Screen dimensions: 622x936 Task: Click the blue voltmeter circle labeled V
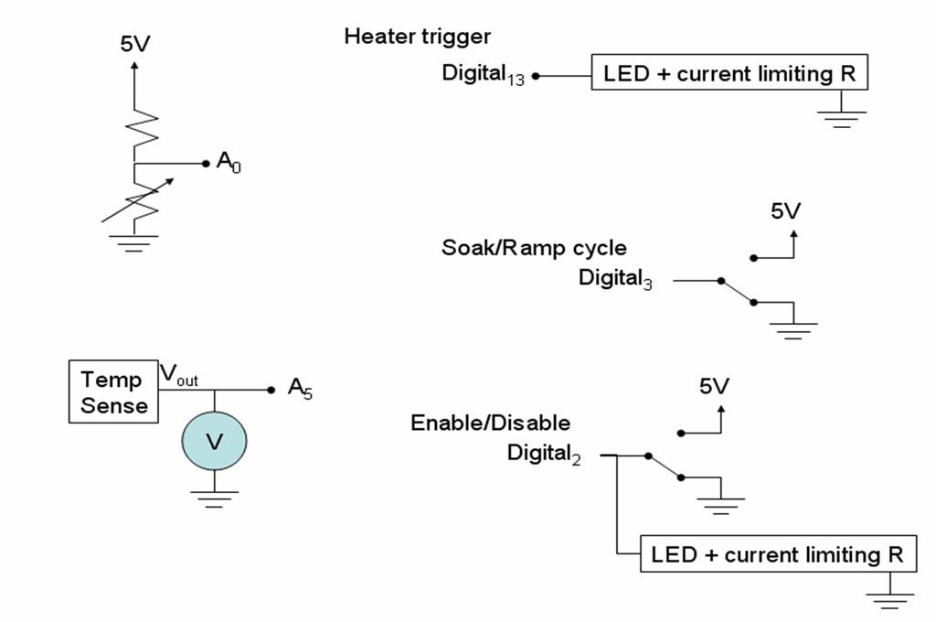click(x=214, y=441)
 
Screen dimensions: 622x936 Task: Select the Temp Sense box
click(x=112, y=391)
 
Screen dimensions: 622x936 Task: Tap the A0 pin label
click(x=229, y=164)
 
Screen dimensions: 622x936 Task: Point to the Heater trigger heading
click(x=417, y=37)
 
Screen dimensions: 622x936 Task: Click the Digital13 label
click(x=483, y=74)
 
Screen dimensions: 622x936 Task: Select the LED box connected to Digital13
click(x=729, y=74)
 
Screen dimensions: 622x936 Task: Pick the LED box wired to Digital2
click(x=777, y=554)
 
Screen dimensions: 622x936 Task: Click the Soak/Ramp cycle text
click(x=535, y=248)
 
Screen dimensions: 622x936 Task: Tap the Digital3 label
click(x=615, y=278)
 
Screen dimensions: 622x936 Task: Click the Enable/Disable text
click(x=490, y=423)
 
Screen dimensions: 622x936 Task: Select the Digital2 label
click(x=544, y=453)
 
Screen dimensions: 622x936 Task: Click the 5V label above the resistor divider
click(x=135, y=44)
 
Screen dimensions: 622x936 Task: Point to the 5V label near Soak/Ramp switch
click(x=785, y=212)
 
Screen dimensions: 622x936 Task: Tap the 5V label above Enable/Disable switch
click(x=714, y=387)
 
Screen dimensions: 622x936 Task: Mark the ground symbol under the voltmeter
click(x=214, y=498)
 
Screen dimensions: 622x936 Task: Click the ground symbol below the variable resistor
click(x=135, y=242)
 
